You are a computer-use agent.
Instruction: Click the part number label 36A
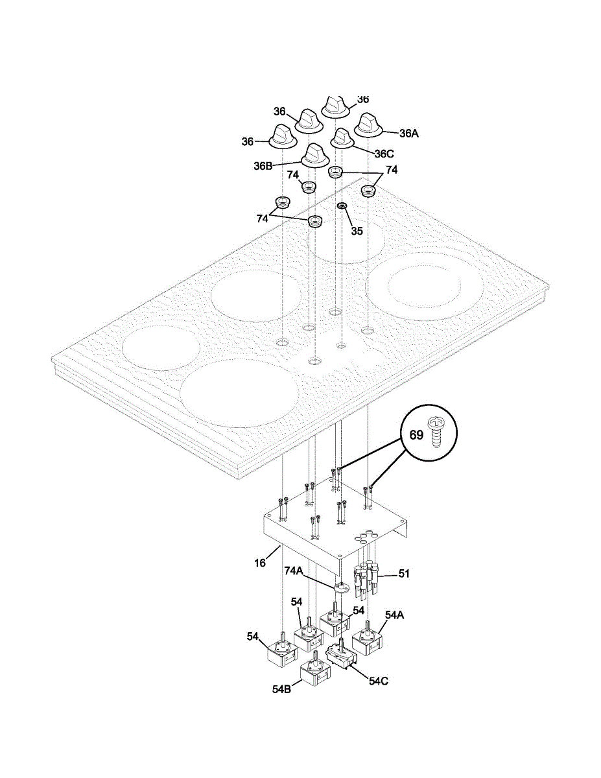[409, 134]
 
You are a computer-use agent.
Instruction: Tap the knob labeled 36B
[315, 156]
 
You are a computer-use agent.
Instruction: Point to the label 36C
[384, 154]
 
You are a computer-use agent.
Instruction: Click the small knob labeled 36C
[342, 138]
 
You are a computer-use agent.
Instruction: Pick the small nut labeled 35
[342, 206]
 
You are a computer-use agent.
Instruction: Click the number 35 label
[357, 230]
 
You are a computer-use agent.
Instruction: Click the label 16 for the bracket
[260, 563]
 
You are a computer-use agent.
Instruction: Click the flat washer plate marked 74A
[340, 588]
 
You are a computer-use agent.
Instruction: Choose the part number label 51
[404, 573]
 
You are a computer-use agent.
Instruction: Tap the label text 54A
[395, 614]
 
